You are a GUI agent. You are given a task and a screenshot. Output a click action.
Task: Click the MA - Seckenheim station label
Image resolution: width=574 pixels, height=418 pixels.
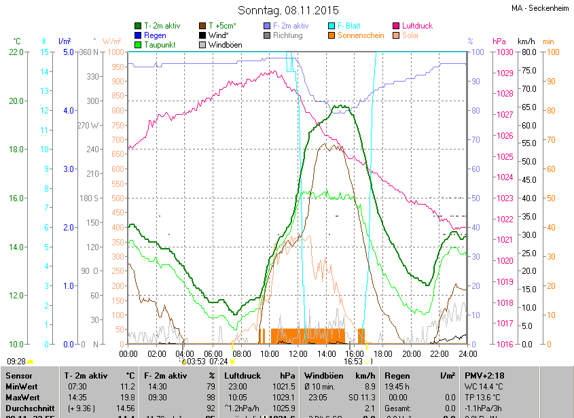(539, 8)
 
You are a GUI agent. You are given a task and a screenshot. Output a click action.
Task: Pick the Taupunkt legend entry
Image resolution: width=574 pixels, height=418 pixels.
(160, 44)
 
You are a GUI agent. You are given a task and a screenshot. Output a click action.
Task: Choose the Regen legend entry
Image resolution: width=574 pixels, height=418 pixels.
(155, 35)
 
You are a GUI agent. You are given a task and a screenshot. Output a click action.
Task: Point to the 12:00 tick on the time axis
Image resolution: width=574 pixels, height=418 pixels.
(298, 353)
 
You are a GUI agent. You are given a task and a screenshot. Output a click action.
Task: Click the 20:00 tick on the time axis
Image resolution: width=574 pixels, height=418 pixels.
(410, 353)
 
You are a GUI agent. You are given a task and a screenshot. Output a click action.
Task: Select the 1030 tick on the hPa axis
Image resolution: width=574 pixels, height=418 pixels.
(503, 52)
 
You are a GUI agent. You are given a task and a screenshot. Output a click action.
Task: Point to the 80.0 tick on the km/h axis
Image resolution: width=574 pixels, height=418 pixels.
(527, 52)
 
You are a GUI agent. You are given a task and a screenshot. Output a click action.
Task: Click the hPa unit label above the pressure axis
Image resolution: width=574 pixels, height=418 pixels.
(499, 41)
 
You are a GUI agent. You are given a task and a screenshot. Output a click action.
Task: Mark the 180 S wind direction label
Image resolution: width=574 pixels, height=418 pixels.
(91, 198)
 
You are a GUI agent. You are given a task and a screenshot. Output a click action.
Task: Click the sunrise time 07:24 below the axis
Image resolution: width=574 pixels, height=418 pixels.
(219, 362)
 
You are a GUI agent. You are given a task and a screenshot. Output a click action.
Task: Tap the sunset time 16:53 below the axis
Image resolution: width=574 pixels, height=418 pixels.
(353, 362)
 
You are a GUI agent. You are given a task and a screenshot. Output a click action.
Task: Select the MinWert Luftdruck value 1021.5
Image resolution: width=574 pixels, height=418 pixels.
(285, 386)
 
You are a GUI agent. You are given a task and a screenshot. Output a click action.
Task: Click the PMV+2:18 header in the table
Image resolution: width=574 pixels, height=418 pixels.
(484, 375)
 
